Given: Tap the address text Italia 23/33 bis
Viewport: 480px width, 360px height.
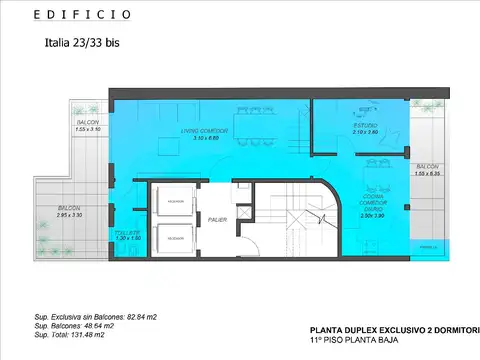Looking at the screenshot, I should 85,43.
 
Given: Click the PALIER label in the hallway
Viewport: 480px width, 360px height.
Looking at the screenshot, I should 217,219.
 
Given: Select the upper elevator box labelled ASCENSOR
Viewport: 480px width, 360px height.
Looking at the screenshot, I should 175,200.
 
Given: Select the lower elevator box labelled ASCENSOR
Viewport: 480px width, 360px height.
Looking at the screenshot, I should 175,238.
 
